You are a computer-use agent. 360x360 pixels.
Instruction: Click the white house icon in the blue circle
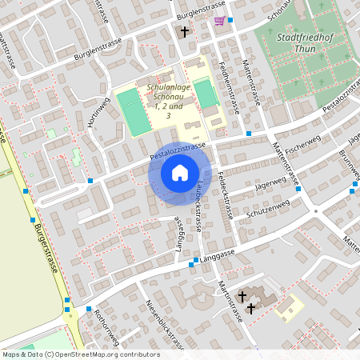click(180, 173)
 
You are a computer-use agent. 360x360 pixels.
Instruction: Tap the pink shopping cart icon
click(218, 21)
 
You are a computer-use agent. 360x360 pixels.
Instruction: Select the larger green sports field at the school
click(134, 111)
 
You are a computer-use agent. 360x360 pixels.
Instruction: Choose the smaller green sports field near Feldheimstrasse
click(206, 94)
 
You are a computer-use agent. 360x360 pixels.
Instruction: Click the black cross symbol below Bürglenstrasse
click(185, 32)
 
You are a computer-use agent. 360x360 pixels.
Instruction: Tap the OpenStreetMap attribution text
click(80, 354)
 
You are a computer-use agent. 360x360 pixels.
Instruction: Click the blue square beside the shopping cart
click(230, 20)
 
